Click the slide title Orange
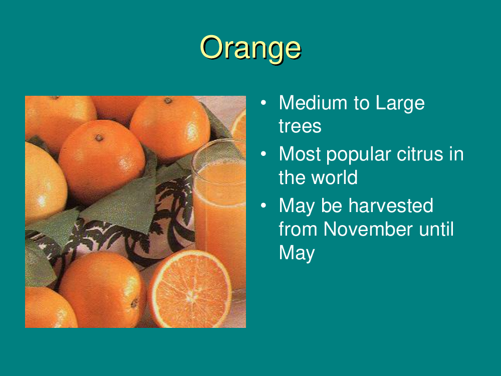250,48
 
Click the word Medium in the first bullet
313,103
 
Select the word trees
300,126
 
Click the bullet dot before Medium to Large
264,103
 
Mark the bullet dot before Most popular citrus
264,154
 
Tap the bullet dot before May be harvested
264,206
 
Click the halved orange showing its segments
190,289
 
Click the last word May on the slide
297,254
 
